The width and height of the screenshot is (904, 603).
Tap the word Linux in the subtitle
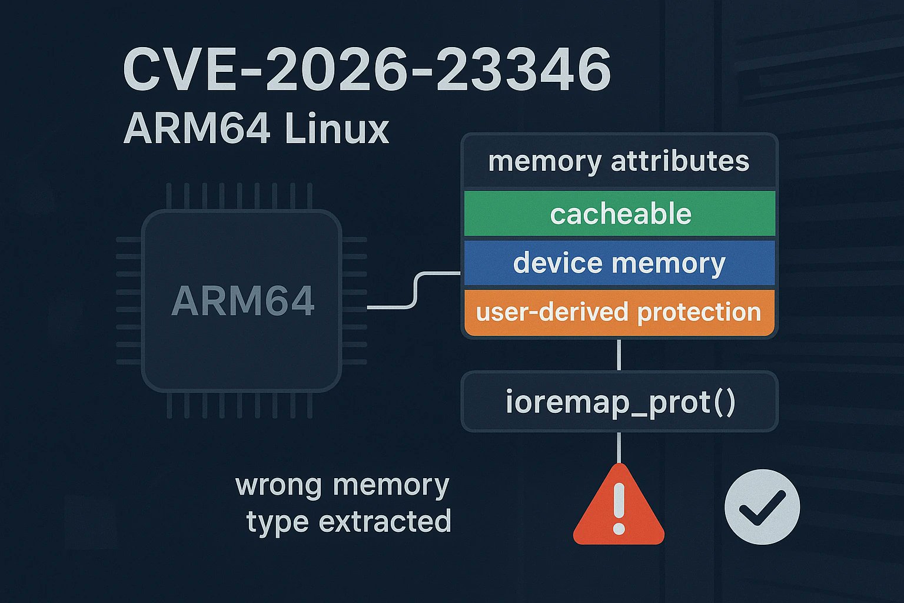[x=336, y=128]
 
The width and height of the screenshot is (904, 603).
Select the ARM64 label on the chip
[x=242, y=300]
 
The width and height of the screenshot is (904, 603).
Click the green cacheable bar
[x=620, y=214]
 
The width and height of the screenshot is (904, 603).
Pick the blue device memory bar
[x=620, y=263]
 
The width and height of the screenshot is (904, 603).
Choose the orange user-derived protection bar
[x=620, y=312]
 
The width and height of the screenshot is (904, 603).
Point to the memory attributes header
[x=619, y=161]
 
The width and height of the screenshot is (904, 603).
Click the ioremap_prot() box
[x=620, y=402]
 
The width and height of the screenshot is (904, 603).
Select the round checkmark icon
[x=762, y=506]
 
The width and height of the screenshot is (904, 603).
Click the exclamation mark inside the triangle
[x=619, y=508]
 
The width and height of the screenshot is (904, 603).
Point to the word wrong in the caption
[x=278, y=485]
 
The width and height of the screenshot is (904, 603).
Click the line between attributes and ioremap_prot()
[x=619, y=354]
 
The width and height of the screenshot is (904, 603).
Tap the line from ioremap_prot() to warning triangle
[x=619, y=448]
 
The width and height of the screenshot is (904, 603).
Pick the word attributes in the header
[x=680, y=161]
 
